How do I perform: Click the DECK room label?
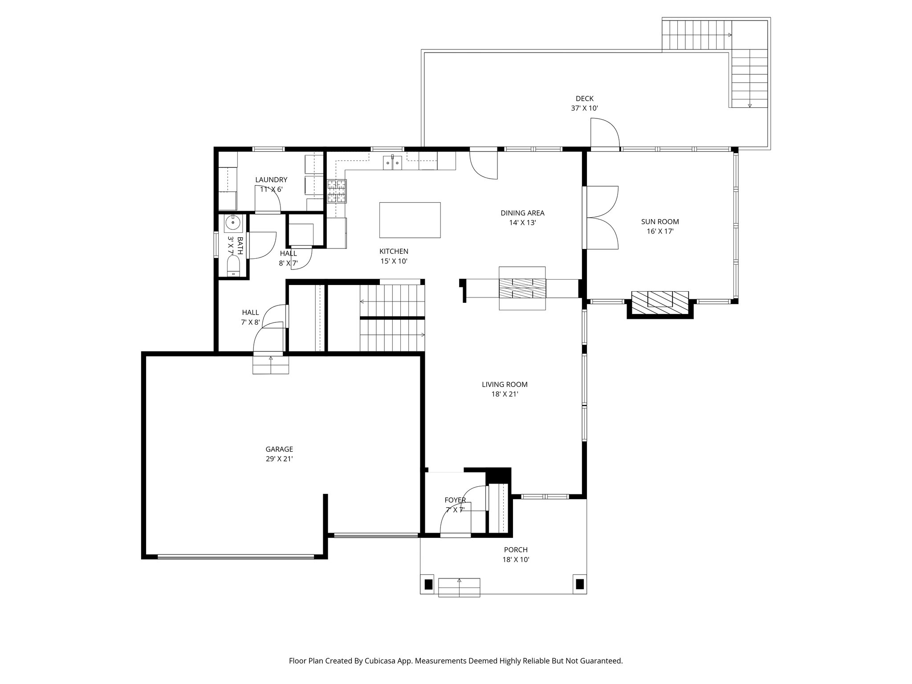pos(584,99)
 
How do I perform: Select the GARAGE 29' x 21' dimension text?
pos(279,459)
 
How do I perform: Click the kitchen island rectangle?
pos(410,220)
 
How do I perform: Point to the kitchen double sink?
pos(392,163)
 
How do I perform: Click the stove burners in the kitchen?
pos(337,191)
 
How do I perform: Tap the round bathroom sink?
pos(233,221)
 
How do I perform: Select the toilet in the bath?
pos(233,269)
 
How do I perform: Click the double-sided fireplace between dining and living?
pos(522,288)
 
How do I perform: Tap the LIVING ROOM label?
pos(505,385)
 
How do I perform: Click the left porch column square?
pos(428,584)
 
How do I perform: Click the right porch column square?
pos(579,584)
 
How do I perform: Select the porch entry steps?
pos(459,587)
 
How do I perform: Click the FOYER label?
pos(455,500)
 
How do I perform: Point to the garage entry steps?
pos(271,364)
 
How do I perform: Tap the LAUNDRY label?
pos(271,180)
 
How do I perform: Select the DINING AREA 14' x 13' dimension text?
pos(522,223)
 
